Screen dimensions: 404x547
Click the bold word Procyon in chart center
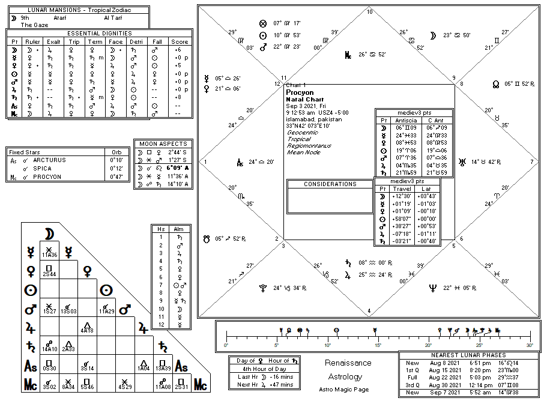pyautogui.click(x=300, y=93)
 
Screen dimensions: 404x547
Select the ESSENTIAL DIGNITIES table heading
pyautogui.click(x=98, y=33)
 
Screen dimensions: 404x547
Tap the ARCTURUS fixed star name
pyautogui.click(x=50, y=160)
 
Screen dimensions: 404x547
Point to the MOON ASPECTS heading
pyautogui.click(x=163, y=144)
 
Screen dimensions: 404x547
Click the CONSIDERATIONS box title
pyautogui.click(x=330, y=184)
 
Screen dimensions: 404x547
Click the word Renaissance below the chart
pyautogui.click(x=348, y=363)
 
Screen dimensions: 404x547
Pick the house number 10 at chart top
pyautogui.click(x=369, y=11)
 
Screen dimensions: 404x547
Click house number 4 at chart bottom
pyautogui.click(x=369, y=311)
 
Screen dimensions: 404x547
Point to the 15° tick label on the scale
pyautogui.click(x=378, y=345)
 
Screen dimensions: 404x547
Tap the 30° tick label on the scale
pyautogui.click(x=529, y=345)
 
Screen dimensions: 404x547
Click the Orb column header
pyautogui.click(x=116, y=152)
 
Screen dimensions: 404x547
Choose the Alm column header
pyautogui.click(x=178, y=229)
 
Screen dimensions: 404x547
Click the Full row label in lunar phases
pyautogui.click(x=412, y=378)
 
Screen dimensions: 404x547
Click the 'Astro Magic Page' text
pyautogui.click(x=344, y=390)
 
